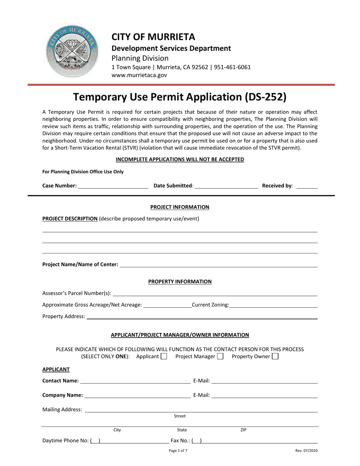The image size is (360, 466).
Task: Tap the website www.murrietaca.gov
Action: click(139, 75)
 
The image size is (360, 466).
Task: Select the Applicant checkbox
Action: click(164, 357)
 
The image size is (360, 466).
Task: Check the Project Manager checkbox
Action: click(220, 357)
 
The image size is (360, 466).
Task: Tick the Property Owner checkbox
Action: click(275, 357)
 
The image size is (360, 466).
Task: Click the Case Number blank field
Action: click(113, 186)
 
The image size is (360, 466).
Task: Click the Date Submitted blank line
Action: click(226, 186)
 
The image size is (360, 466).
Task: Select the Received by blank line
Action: click(306, 186)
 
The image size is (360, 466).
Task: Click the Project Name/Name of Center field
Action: click(218, 265)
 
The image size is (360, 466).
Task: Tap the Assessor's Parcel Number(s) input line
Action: click(215, 294)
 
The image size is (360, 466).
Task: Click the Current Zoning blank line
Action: click(273, 305)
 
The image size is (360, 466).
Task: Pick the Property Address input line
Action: click(202, 317)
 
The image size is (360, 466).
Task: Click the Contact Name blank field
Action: click(135, 381)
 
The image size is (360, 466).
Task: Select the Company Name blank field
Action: click(137, 396)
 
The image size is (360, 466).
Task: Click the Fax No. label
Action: click(180, 441)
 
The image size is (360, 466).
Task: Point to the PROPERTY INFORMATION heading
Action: click(180, 281)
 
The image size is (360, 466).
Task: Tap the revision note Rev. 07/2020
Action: click(307, 451)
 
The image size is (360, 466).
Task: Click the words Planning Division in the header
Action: click(140, 58)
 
